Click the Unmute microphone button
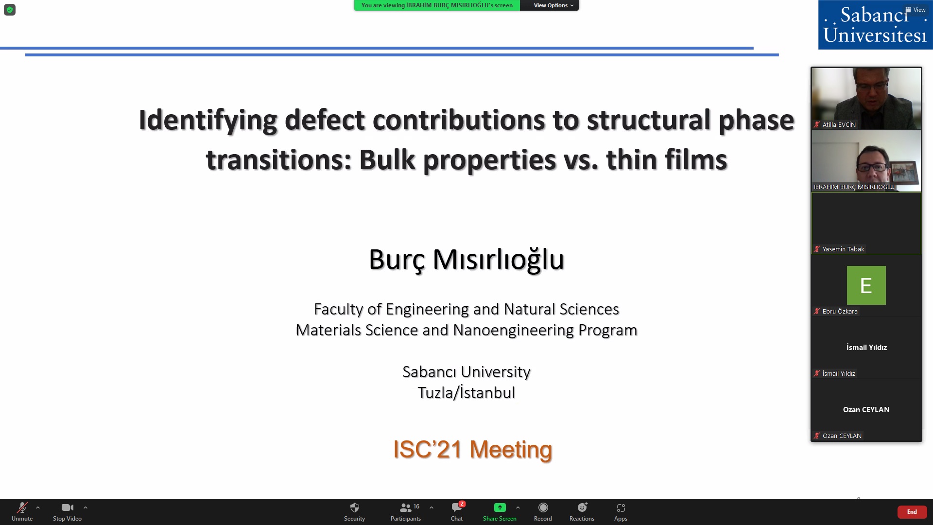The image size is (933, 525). [x=22, y=511]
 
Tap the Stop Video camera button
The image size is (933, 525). [x=67, y=511]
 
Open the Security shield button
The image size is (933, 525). [x=354, y=511]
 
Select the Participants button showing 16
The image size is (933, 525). [x=406, y=511]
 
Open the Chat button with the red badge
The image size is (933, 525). [x=457, y=511]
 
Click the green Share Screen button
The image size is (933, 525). [x=500, y=511]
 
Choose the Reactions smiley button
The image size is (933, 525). [x=582, y=511]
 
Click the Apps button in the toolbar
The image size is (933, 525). [x=621, y=511]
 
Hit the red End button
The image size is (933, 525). [x=912, y=512]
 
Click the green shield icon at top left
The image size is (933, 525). [x=10, y=10]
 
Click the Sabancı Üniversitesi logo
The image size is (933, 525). [x=875, y=25]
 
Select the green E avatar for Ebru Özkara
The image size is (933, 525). [x=866, y=285]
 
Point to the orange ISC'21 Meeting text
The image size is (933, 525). [x=472, y=449]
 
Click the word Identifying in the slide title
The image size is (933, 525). [x=208, y=121]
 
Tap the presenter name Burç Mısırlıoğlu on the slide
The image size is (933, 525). [x=466, y=260]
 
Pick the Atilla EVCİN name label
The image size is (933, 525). [x=839, y=124]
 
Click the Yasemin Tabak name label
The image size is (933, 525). [x=843, y=249]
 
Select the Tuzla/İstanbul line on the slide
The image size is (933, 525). [x=466, y=393]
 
